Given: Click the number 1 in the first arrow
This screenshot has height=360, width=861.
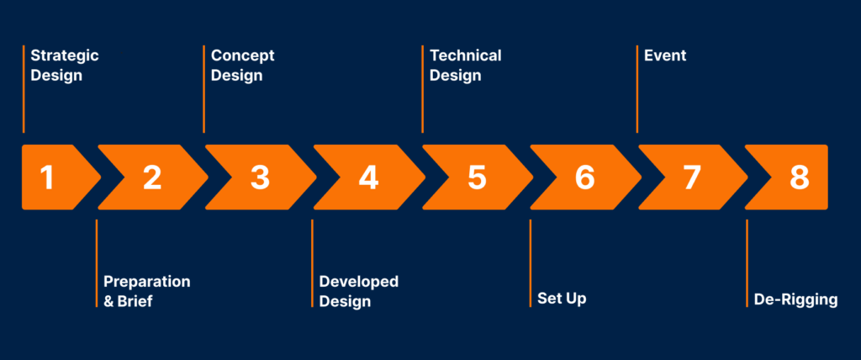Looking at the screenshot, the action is point(47,177).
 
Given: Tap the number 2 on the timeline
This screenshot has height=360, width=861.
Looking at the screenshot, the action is point(152,177).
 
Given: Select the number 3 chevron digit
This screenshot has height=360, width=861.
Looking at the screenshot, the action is point(260,177).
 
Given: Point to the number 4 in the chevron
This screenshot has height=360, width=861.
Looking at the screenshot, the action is point(368,177).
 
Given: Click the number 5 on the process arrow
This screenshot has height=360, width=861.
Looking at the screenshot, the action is point(477,177).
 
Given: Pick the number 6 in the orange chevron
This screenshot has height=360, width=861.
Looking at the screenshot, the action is point(585,177).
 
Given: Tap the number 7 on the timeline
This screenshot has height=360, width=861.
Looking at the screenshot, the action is point(692,177).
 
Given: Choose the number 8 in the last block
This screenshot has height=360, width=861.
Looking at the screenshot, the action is point(799,177).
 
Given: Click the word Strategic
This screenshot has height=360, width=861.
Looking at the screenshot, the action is point(64,56).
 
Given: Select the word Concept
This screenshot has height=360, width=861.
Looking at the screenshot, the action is point(242,56).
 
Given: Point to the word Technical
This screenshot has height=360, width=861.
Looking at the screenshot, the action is point(465,56).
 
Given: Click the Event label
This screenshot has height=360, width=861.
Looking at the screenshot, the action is point(665,56).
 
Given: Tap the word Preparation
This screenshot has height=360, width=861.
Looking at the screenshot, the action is point(146,282).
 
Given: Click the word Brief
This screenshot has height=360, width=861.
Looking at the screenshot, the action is point(135,301).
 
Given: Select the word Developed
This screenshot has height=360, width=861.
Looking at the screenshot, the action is point(358,282).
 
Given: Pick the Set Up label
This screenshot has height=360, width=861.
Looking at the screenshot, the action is point(562,299).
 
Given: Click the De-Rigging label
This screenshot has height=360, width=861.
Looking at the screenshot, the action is point(795,299).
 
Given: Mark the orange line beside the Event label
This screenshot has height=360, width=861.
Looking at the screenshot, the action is point(637,89).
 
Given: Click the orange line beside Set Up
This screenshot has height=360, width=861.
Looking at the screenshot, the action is point(530,263).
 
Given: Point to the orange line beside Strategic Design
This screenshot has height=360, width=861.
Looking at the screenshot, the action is point(24,89).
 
